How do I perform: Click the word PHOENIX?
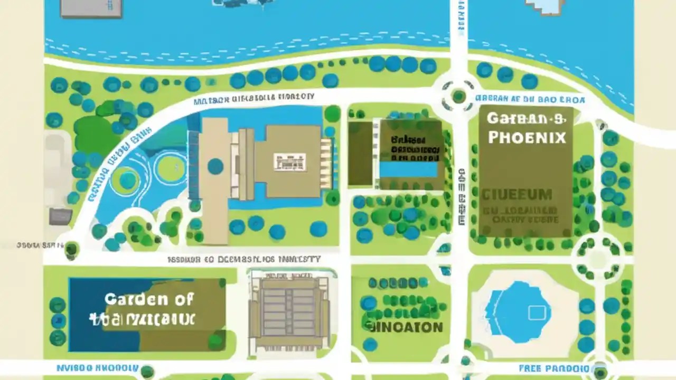click(x=527, y=137)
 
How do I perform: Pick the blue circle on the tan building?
click(x=215, y=166)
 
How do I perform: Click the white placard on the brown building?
click(x=289, y=161)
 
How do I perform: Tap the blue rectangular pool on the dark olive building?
click(x=408, y=169)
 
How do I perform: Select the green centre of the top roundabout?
click(x=458, y=96)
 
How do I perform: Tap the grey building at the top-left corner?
click(x=91, y=8)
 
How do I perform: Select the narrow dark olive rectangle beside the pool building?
click(x=360, y=153)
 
